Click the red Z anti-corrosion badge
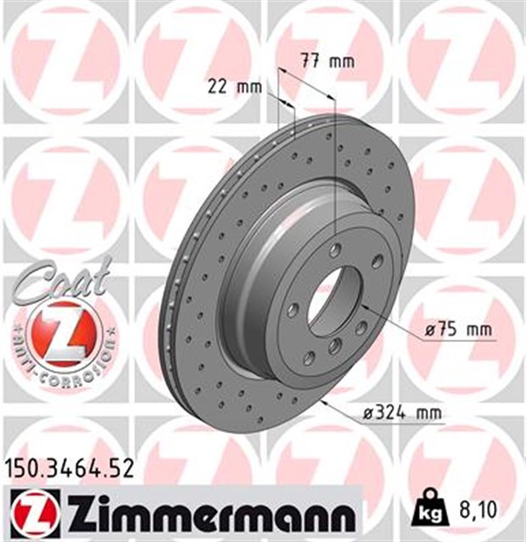coord(60,333)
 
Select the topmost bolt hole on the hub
coord(337,248)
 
